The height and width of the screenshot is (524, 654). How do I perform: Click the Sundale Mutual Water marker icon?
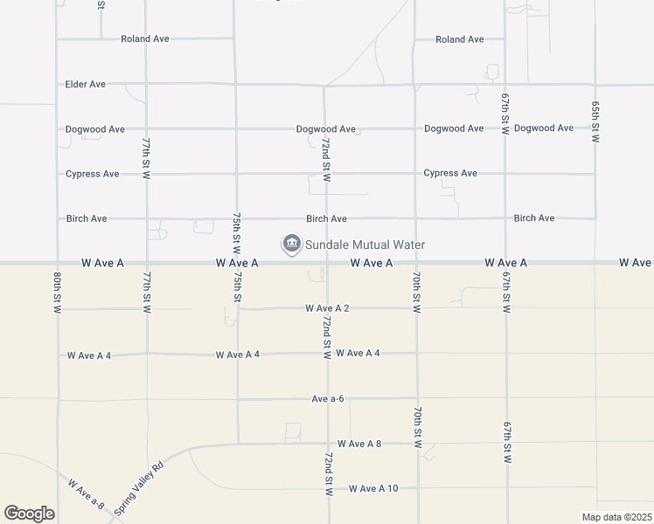[290, 245]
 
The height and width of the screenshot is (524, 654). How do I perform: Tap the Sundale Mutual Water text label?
[363, 245]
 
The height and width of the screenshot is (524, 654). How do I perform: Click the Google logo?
[29, 514]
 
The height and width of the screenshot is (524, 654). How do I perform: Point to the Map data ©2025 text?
[616, 517]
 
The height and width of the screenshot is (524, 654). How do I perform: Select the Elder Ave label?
[86, 85]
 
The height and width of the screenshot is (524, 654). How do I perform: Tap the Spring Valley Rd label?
[139, 488]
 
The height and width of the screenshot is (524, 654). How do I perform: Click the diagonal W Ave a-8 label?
[86, 493]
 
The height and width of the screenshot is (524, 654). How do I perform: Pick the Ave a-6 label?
[328, 399]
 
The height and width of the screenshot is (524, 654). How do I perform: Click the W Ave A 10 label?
[373, 488]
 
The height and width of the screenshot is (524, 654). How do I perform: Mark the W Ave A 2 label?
[328, 308]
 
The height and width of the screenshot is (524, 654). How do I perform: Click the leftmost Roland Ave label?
[145, 39]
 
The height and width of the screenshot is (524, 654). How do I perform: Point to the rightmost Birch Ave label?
[534, 218]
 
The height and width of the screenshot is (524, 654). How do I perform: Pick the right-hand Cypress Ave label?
[450, 173]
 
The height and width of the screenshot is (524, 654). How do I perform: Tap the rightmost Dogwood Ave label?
[544, 128]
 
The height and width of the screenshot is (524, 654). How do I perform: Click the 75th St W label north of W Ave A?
[236, 231]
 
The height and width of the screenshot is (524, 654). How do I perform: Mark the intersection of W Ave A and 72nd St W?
[325, 262]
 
